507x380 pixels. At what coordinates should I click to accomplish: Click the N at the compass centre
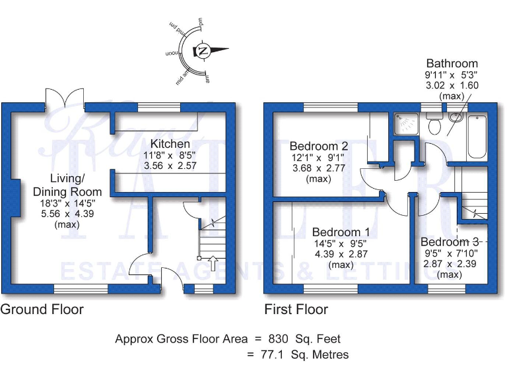(203, 51)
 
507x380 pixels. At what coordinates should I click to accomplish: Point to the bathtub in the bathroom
(477, 137)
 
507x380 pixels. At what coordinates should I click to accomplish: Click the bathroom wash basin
(456, 117)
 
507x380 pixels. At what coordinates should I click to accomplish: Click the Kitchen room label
(170, 144)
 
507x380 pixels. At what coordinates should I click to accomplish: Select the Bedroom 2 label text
(319, 146)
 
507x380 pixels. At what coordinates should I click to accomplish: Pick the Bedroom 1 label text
(341, 232)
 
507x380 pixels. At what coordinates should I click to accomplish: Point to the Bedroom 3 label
(450, 241)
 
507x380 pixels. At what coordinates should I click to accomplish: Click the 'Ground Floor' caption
(42, 309)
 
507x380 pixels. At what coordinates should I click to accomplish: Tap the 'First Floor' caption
(296, 309)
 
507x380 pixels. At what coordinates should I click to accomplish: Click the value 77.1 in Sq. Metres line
(271, 355)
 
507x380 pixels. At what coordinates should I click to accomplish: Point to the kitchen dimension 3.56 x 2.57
(170, 167)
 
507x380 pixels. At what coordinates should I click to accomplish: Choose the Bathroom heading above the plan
(452, 64)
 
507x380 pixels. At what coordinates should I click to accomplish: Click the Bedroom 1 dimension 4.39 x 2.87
(340, 254)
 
